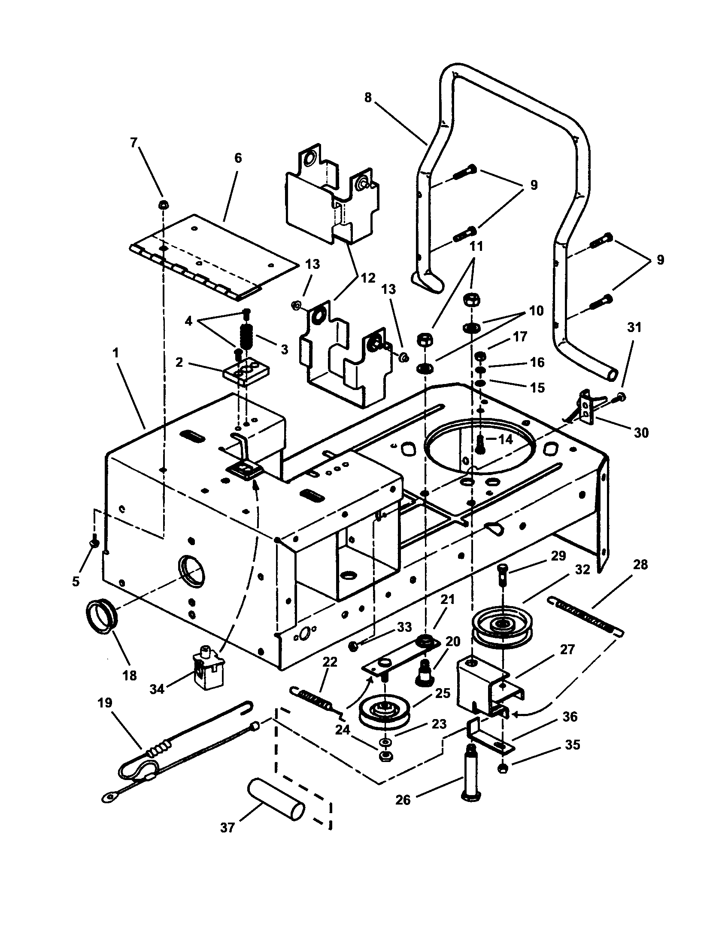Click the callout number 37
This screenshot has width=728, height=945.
(x=227, y=827)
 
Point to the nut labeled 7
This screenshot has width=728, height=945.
(x=164, y=204)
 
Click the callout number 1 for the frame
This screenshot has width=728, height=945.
(x=115, y=353)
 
